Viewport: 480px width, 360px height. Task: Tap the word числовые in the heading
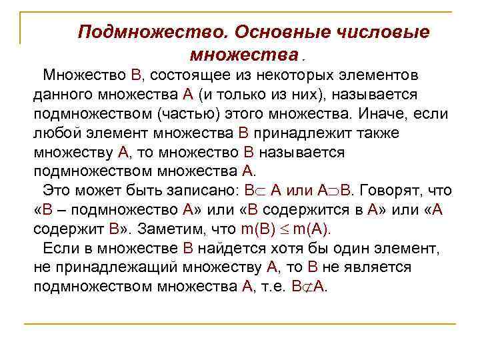click(388, 32)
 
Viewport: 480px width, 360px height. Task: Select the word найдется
click(225, 249)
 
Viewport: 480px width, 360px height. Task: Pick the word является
click(379, 269)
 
